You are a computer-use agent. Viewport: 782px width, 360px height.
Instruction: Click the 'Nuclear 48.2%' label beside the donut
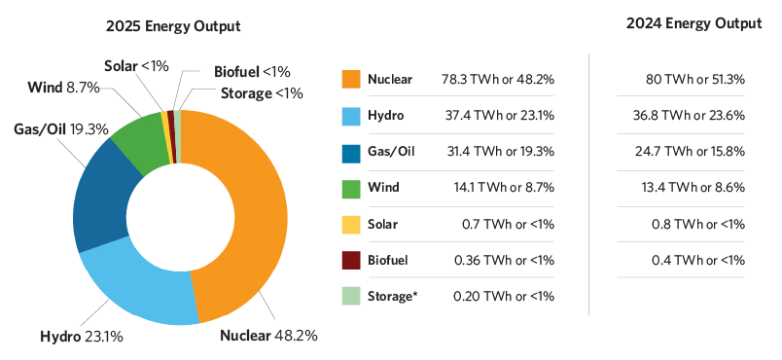(268, 337)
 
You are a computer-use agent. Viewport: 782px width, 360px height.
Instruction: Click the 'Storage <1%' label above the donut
(262, 93)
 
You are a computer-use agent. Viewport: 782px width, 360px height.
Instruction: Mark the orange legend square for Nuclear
(351, 79)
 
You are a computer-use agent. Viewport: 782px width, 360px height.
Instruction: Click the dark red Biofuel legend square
(351, 260)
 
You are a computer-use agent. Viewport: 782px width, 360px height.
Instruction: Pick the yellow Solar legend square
(351, 224)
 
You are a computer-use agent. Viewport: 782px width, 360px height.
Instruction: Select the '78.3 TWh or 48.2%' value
(506, 79)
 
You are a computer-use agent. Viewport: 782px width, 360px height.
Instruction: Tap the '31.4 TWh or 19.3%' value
(506, 151)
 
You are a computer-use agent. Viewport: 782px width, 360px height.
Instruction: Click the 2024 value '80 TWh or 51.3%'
(695, 79)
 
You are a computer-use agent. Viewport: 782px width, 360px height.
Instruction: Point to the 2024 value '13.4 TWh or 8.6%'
(695, 187)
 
